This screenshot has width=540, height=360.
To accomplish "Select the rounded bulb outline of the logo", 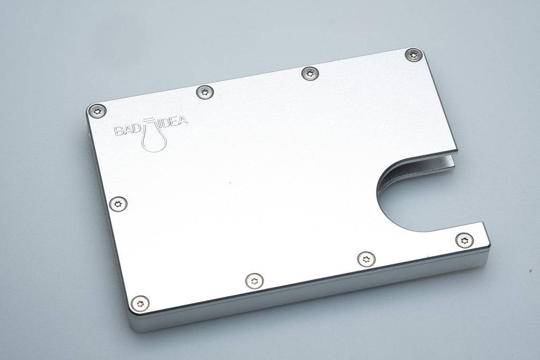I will pos(155,141).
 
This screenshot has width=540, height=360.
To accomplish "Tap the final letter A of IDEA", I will pos(183,124).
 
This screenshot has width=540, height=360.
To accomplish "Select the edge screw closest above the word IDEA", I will pos(205,92).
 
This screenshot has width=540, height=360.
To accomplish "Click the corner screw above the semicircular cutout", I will pos(413,54).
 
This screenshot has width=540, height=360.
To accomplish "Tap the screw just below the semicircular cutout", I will pos(464,240).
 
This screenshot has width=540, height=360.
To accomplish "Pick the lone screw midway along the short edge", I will pos(118,203).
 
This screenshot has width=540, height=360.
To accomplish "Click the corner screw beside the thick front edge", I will pos(140,303).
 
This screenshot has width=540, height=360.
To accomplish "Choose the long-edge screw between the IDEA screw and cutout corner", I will pos(310,73).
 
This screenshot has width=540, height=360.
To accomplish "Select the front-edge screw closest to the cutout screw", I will pos(366,259).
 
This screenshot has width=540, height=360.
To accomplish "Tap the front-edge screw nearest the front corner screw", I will pos(255,280).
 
